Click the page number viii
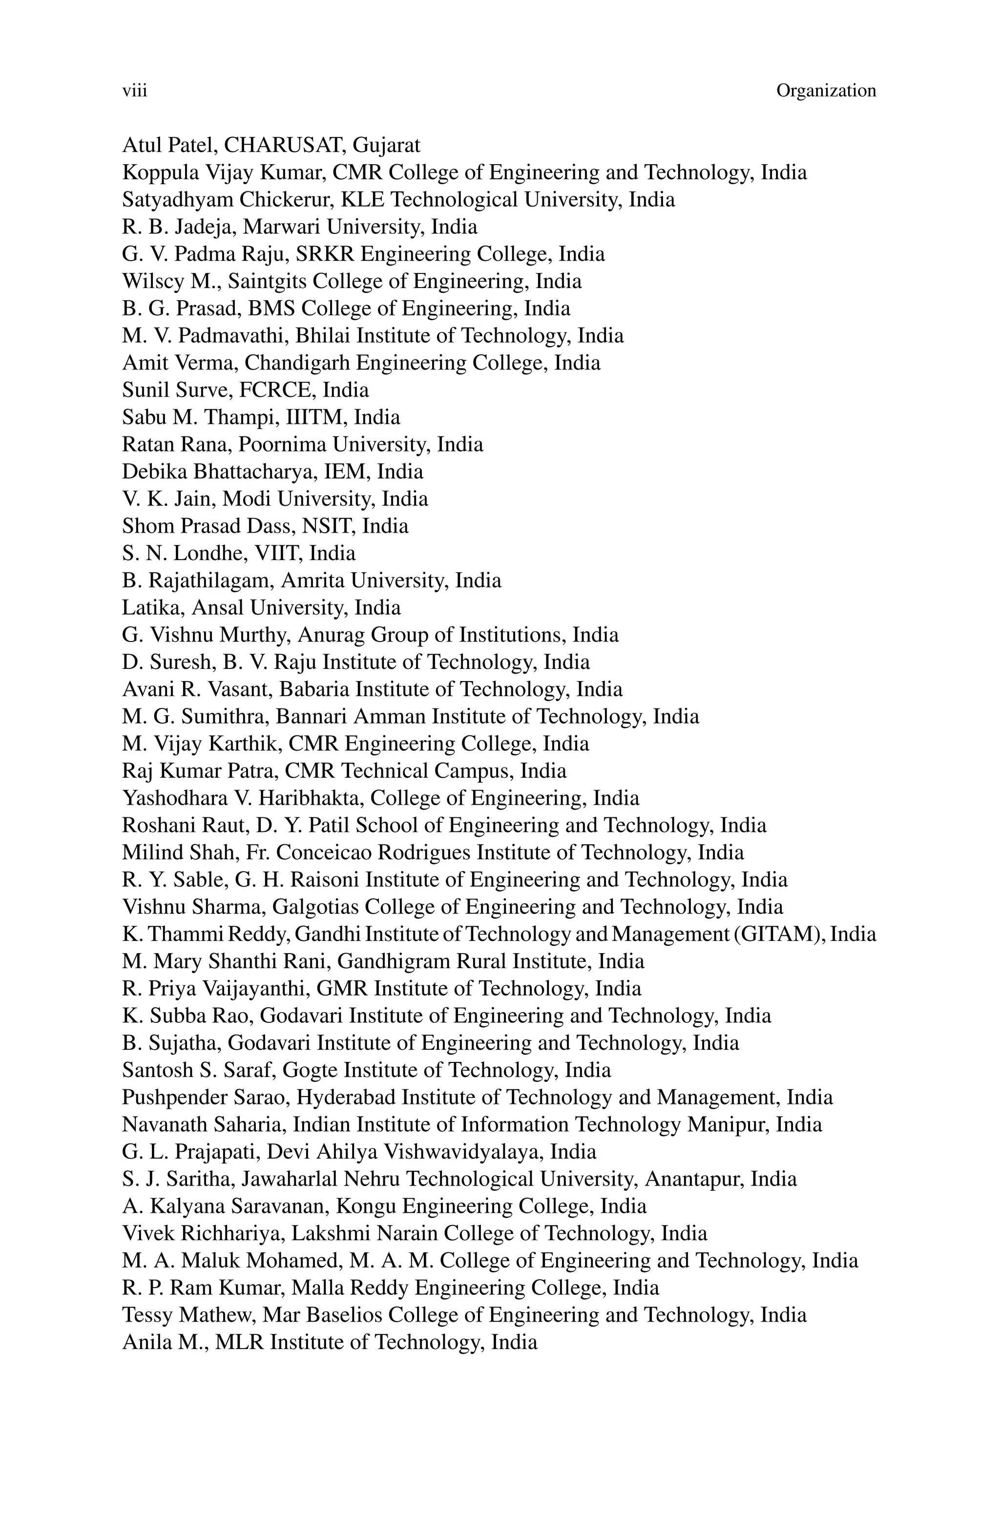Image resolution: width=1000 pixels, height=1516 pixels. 135,91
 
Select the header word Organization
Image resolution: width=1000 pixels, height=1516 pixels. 826,91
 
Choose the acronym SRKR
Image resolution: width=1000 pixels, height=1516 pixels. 326,254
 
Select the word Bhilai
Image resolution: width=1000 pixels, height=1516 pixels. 323,336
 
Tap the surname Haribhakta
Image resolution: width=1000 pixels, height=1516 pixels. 310,798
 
